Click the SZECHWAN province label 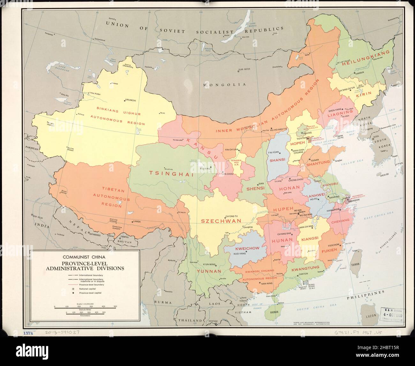tap(221, 221)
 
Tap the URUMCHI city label tap(131, 100)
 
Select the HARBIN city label tap(359, 73)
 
